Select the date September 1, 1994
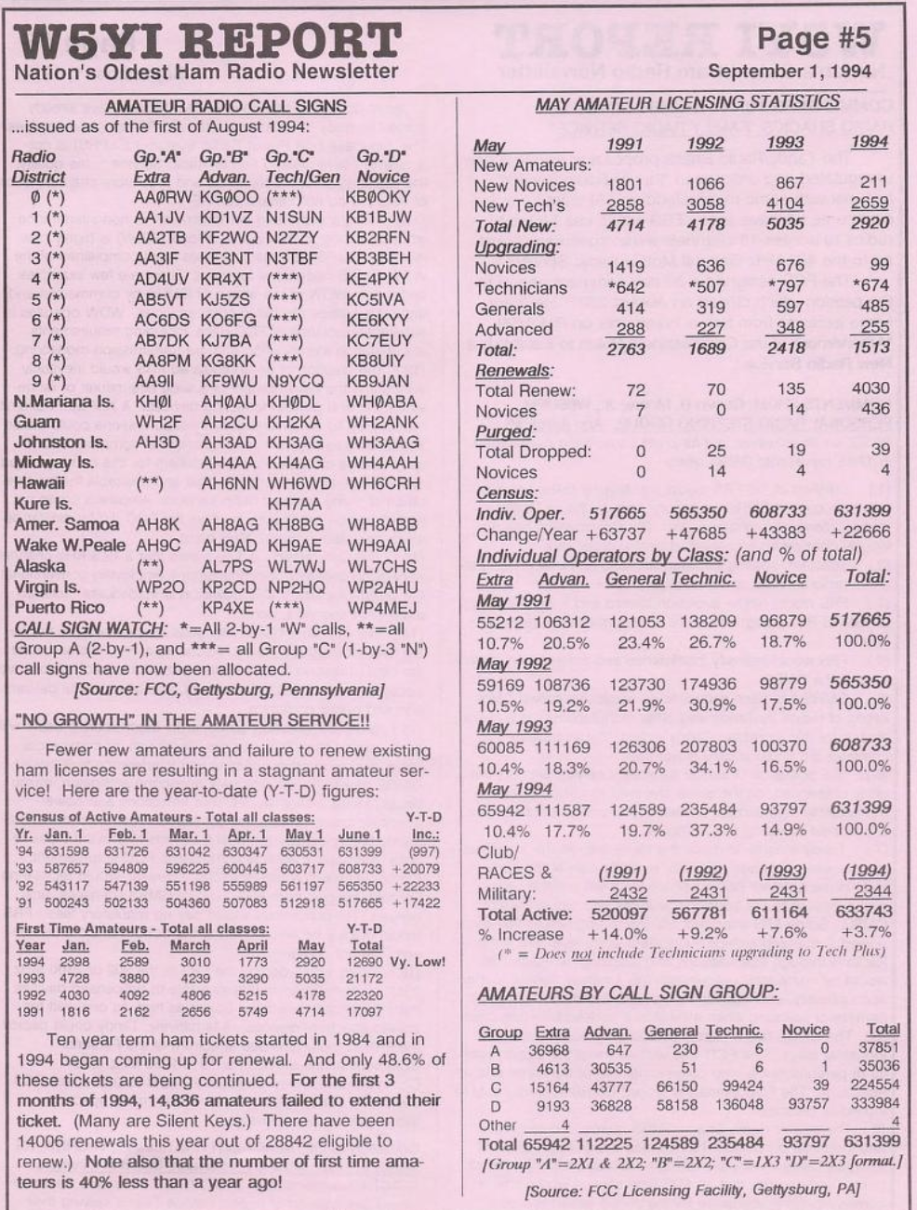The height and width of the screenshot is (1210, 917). (790, 71)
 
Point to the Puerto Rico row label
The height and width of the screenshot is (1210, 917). (59, 608)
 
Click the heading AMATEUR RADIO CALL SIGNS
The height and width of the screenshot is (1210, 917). (226, 106)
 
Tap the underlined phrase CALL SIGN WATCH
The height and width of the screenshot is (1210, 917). (89, 628)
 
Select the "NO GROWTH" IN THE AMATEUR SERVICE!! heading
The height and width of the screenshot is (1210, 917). (193, 719)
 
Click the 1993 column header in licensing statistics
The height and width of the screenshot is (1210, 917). (790, 143)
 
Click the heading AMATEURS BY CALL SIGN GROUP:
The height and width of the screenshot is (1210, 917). (628, 993)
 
